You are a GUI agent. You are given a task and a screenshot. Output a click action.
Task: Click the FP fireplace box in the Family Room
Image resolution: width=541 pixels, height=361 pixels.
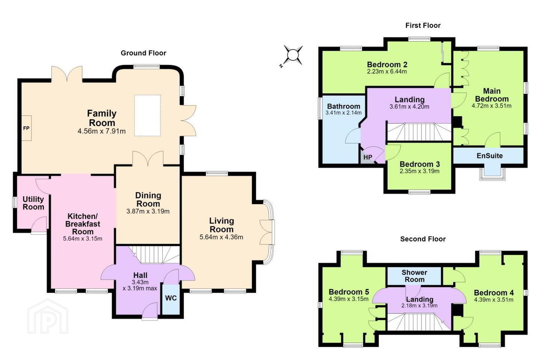coord(26,128)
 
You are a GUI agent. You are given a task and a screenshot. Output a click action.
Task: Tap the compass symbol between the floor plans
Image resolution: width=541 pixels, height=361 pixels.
coord(293,55)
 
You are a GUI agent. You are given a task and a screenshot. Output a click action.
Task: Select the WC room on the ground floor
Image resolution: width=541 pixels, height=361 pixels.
coord(171,299)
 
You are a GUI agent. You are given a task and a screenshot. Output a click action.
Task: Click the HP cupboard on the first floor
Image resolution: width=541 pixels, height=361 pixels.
coord(367,157)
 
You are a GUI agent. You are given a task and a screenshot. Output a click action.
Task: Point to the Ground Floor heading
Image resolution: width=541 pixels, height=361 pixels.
coord(144,53)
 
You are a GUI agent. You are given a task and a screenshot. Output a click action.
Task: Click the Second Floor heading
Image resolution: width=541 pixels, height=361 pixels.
coord(423,239)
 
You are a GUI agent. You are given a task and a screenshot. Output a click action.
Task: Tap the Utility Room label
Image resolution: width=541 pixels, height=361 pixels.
coord(33,203)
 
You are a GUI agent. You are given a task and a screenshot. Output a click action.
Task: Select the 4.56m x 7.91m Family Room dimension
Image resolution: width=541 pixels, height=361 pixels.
coord(102,131)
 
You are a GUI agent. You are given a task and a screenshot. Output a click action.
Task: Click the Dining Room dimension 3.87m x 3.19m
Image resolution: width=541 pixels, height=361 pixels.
coord(148,211)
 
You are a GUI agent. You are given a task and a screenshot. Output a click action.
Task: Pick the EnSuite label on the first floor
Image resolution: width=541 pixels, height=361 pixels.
coord(490,156)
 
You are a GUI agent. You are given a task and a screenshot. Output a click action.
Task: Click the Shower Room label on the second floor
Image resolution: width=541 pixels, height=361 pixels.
coord(414,276)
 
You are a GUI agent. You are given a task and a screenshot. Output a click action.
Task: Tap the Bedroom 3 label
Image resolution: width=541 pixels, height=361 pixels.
coord(420,164)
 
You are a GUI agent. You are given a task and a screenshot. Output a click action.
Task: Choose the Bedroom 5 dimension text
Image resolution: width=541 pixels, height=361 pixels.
coord(349,299)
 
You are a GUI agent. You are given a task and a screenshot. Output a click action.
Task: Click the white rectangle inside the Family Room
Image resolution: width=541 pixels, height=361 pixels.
coord(148,115)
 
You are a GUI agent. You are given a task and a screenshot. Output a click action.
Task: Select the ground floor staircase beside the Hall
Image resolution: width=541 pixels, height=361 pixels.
coord(154,255)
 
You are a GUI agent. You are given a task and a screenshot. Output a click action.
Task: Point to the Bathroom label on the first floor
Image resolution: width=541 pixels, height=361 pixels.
coord(343,106)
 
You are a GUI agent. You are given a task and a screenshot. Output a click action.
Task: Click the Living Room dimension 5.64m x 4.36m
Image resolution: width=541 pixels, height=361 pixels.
coord(221,237)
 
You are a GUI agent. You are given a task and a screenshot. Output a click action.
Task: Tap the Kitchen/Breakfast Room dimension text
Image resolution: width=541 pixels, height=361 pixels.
coord(83,239)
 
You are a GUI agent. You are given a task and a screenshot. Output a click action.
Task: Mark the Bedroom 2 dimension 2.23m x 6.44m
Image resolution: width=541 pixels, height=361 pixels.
coord(387,71)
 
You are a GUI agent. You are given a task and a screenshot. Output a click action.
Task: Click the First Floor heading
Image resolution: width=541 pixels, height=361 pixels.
coord(423,26)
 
